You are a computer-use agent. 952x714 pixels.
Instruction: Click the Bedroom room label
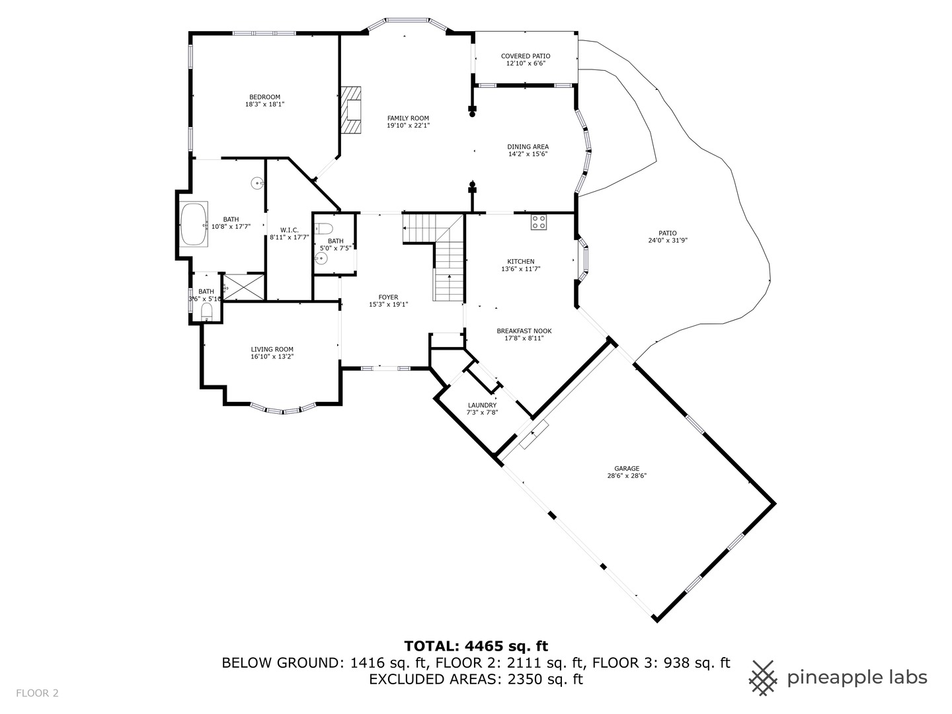[x=264, y=97]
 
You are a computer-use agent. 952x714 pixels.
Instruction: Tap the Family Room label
[x=408, y=118]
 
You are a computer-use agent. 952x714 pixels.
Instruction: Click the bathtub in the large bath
[x=194, y=224]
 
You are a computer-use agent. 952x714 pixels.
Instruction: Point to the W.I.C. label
[x=289, y=230]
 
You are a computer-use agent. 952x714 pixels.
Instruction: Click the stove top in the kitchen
[x=538, y=222]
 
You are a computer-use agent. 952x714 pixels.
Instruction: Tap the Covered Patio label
[x=526, y=56]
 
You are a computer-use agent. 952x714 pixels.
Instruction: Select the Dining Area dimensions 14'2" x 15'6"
[x=528, y=154]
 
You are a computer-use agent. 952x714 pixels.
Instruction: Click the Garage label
[x=627, y=469]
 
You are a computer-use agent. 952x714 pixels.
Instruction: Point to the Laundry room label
[x=482, y=405]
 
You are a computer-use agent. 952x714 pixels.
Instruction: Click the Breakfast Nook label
[x=524, y=331]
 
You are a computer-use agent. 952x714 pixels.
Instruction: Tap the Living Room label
[x=272, y=350]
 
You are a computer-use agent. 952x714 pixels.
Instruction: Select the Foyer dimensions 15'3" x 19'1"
[x=388, y=305]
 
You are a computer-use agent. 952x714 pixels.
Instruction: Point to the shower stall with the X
[x=244, y=288]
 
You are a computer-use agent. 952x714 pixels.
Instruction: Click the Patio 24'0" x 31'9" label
[x=667, y=237]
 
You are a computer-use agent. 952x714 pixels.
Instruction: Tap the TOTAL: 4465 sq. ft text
[x=476, y=646]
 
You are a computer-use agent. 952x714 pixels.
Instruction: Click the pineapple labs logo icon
[x=764, y=678]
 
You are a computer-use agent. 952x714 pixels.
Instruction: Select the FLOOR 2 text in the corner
[x=38, y=693]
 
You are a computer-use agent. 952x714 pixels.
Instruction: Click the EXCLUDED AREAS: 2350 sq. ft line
[x=476, y=680]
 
